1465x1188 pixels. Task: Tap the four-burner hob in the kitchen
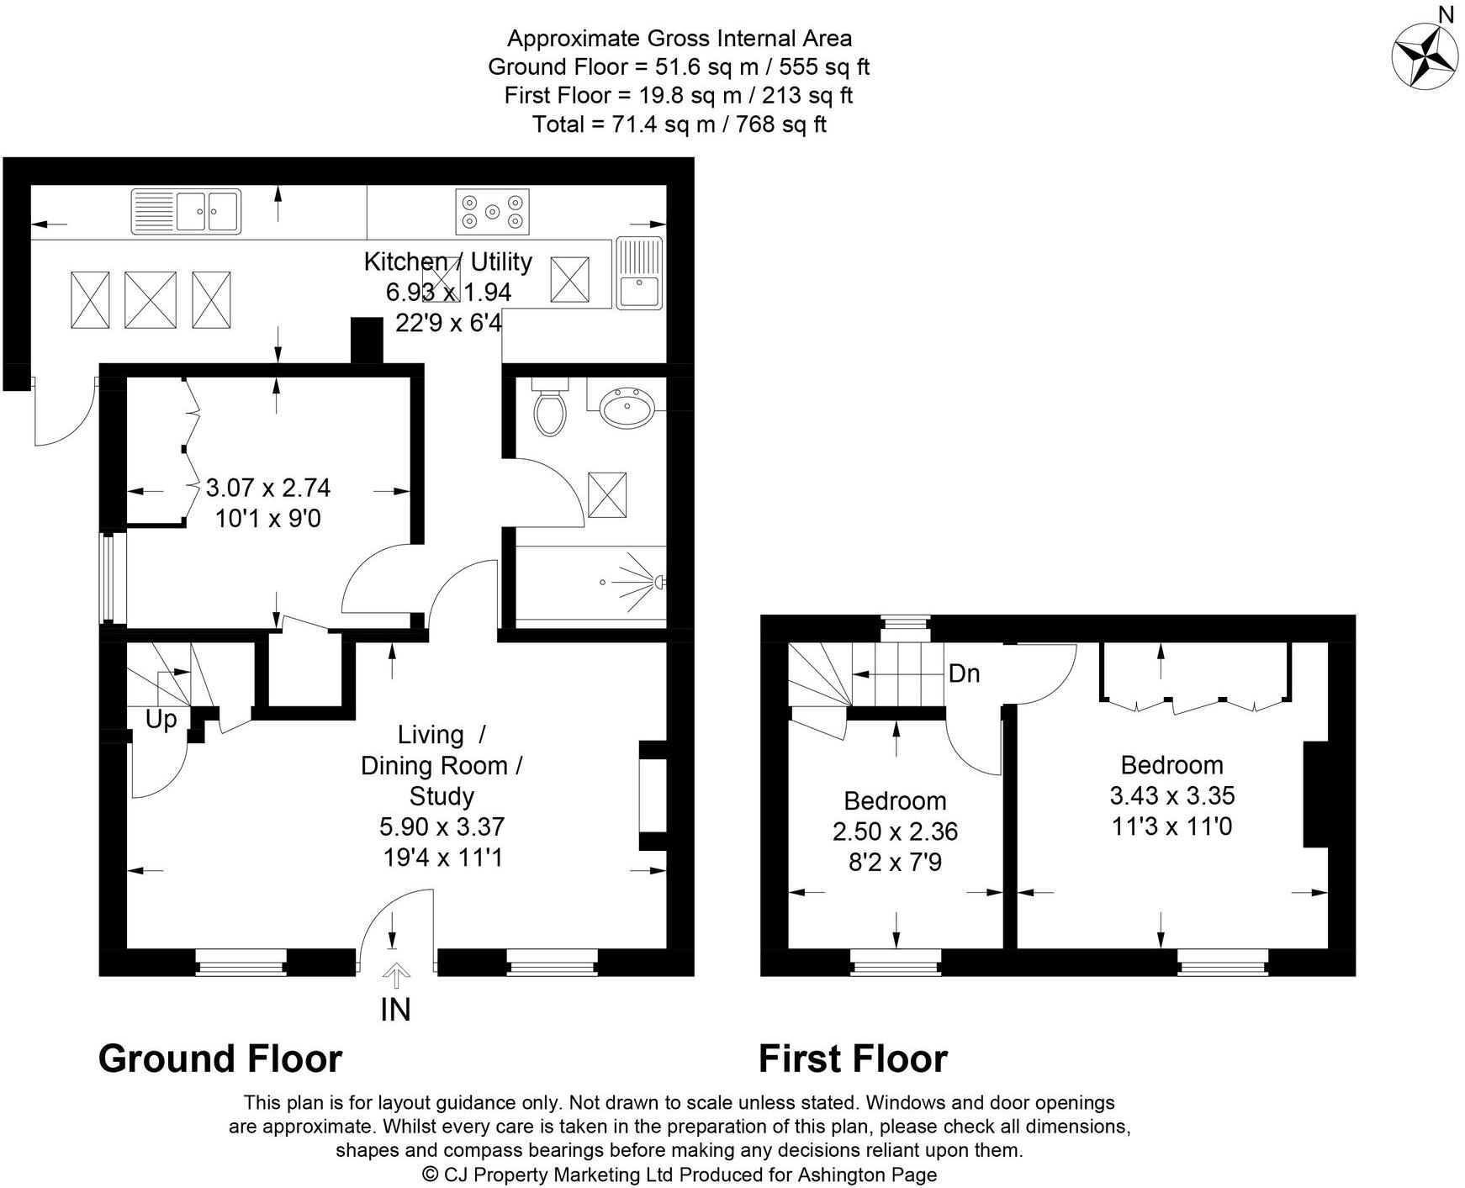(x=493, y=212)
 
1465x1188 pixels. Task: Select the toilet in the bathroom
(x=550, y=407)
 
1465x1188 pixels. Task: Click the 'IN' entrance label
(x=395, y=1010)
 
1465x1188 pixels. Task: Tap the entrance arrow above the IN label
(x=395, y=977)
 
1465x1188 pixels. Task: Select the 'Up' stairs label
(x=161, y=720)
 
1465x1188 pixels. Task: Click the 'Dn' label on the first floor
(x=964, y=673)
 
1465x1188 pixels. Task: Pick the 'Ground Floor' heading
(x=220, y=1059)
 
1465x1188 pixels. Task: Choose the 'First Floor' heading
(x=853, y=1059)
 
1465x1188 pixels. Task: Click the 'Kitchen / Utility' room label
(x=447, y=261)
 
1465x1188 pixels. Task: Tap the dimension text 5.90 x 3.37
(x=442, y=826)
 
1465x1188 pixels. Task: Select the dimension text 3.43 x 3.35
(x=1172, y=795)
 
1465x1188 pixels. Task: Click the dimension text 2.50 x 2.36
(x=896, y=832)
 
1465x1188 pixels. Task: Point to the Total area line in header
(x=680, y=124)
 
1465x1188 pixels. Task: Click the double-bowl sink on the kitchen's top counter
(x=186, y=211)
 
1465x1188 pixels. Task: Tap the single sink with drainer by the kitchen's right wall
(x=640, y=272)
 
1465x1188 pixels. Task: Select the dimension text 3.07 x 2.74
(x=268, y=488)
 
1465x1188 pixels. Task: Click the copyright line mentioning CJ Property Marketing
(x=680, y=1174)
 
